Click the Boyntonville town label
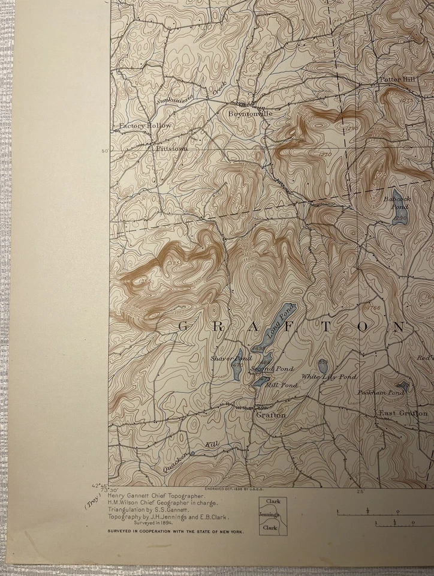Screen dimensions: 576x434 (x=250, y=113)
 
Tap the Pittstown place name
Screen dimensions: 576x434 (x=171, y=148)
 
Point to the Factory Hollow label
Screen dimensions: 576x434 (x=145, y=126)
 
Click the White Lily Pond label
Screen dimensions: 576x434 (x=328, y=377)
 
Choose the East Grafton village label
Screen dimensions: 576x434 (x=403, y=413)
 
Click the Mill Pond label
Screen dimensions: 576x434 (x=281, y=385)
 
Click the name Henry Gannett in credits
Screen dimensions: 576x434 (x=131, y=496)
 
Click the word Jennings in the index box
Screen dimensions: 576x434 (x=269, y=514)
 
